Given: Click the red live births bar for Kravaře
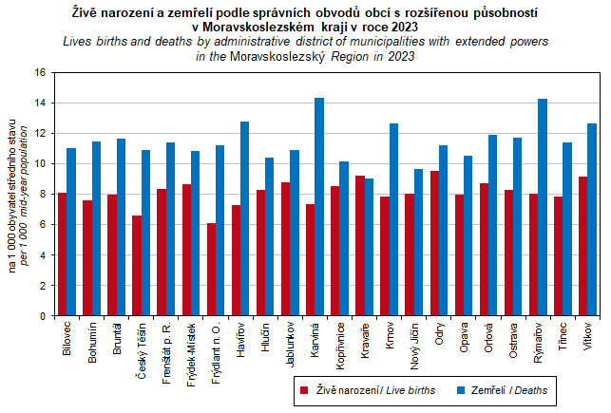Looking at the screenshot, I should [359, 245].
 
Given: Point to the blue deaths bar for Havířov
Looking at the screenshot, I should [244, 218].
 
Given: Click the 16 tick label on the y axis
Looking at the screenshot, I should [39, 72].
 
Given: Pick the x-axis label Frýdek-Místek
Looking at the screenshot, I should [190, 350].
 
